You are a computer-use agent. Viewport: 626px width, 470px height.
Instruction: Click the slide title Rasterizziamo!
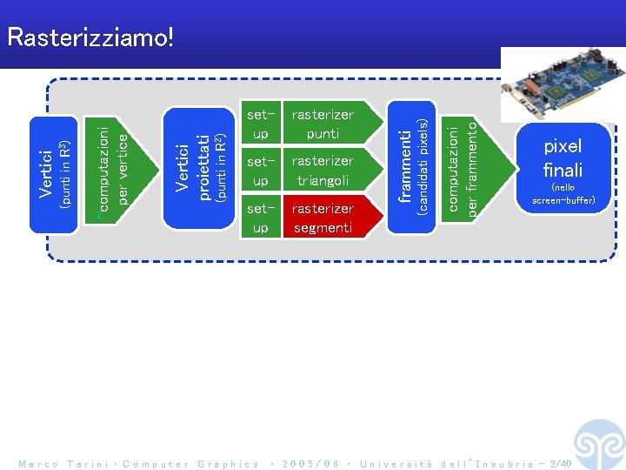click(x=90, y=37)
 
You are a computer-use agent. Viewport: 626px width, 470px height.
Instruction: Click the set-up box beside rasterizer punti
click(x=260, y=124)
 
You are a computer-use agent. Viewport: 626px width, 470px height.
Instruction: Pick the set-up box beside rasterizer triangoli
click(x=260, y=171)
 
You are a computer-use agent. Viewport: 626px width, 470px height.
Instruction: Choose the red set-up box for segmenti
click(x=260, y=218)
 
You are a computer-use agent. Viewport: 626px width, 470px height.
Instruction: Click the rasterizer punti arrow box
click(x=323, y=124)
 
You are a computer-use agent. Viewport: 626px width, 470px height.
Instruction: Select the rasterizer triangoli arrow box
click(x=323, y=171)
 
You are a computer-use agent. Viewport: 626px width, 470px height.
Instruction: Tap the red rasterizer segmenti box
click(x=323, y=218)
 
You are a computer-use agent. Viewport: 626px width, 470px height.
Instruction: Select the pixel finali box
click(x=563, y=167)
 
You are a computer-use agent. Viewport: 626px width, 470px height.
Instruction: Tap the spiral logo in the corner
click(x=599, y=444)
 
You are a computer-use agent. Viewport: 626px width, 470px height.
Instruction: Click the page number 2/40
click(x=560, y=464)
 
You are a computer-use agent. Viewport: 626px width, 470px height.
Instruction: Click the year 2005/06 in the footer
click(x=310, y=464)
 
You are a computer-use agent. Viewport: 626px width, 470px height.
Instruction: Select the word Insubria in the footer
click(x=497, y=464)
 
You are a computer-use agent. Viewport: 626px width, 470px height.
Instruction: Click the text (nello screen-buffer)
click(x=563, y=193)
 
